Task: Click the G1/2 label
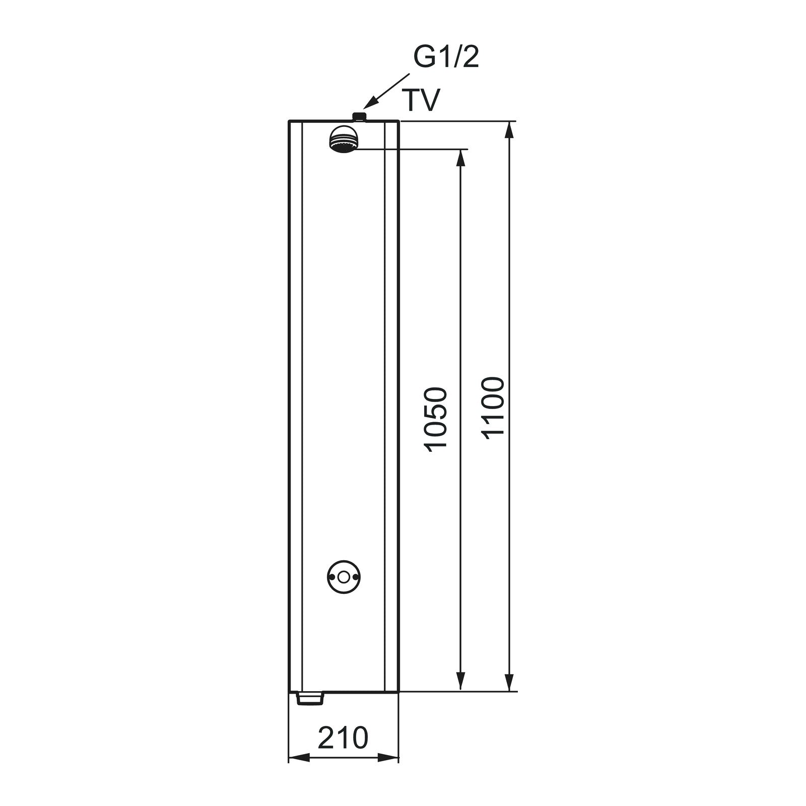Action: [x=446, y=58]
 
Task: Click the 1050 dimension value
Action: [x=435, y=419]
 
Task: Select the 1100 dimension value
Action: [x=492, y=409]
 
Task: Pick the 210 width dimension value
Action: [x=343, y=738]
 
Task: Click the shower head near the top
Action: [x=344, y=139]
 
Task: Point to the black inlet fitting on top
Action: [x=359, y=117]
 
